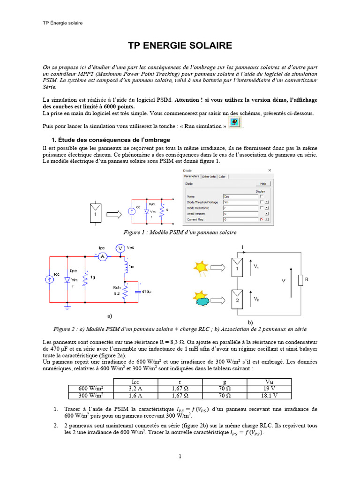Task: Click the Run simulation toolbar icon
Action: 236,123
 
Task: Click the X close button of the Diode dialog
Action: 269,170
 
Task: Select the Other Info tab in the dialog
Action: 209,177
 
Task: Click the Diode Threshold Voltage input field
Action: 240,202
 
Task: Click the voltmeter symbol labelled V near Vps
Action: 120,247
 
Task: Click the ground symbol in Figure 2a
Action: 67,307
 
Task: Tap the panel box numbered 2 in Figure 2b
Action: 237,300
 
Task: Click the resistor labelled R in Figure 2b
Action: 301,281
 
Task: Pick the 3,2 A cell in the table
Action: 135,388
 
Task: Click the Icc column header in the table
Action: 135,382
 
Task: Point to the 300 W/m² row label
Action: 90,395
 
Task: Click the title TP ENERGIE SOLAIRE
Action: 180,45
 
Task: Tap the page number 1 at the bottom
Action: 180,456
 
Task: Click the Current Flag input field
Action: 240,219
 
